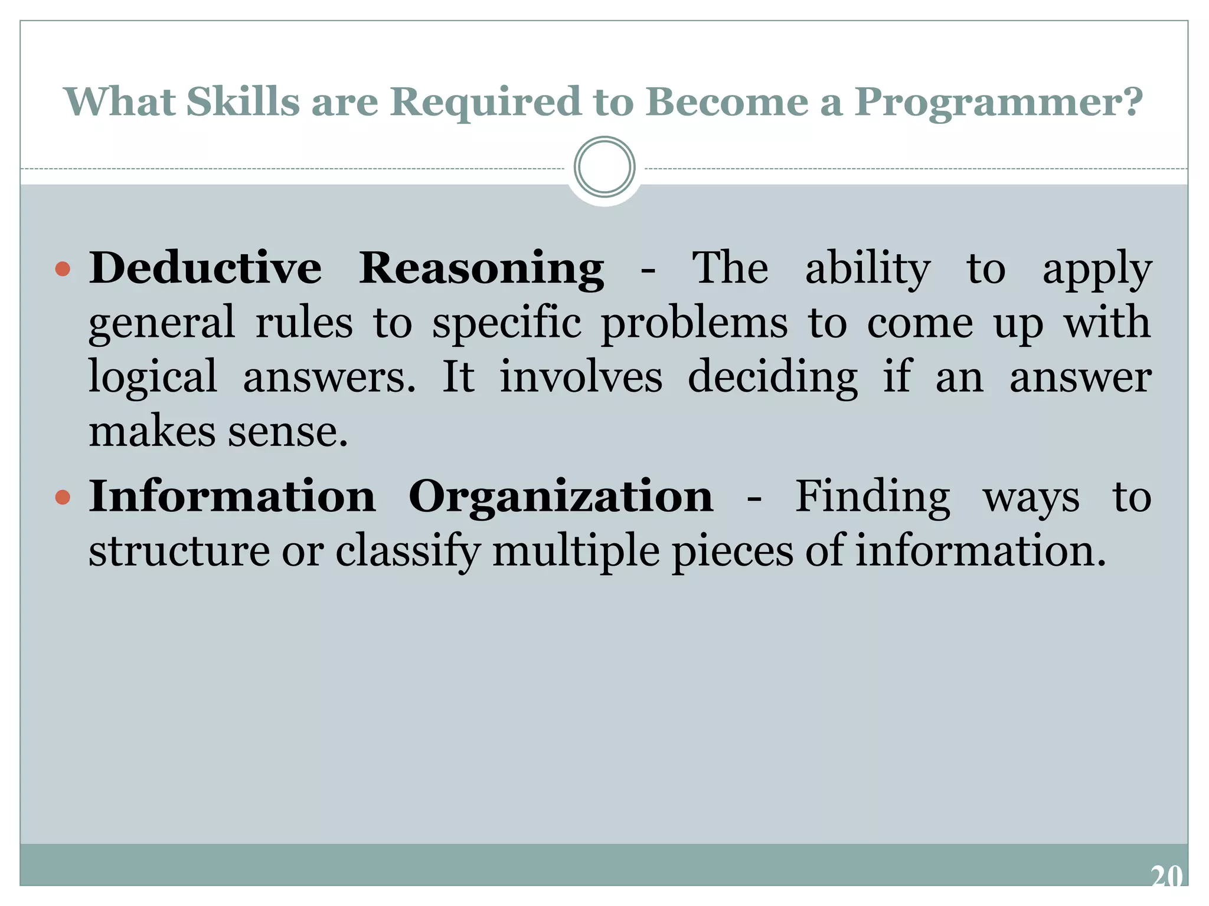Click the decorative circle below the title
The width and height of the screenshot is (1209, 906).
[x=604, y=167]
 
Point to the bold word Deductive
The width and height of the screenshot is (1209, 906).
[x=205, y=268]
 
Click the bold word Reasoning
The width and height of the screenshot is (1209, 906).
[x=482, y=270]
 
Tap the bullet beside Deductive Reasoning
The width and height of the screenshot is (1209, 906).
[x=63, y=270]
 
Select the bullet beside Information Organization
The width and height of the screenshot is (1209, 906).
[x=63, y=497]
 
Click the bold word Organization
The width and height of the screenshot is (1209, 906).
[x=560, y=497]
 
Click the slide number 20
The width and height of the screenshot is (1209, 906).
[x=1166, y=875]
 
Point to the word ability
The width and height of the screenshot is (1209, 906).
[x=868, y=270]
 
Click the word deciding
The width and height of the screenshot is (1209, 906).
[x=773, y=378]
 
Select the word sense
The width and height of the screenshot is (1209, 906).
[x=288, y=432]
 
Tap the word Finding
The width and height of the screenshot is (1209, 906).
[x=873, y=497]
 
